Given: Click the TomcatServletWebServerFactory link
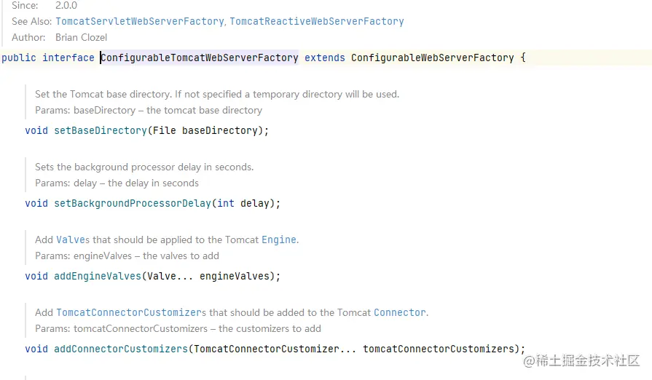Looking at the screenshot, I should coord(139,22).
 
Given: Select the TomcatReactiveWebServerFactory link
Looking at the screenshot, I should coord(316,22).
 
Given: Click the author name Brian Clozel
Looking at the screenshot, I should coord(81,37).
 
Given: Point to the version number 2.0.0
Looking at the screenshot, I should coord(66,6).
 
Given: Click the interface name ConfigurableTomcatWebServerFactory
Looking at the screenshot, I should coord(200,58).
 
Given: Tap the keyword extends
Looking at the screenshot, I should coord(324,58).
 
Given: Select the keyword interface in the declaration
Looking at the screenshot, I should coord(68,58).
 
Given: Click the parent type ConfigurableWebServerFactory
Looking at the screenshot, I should coord(432,58).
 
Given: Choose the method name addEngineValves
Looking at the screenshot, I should coord(95,276).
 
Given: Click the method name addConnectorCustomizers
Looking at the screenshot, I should coord(121,349).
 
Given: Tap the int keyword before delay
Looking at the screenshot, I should coord(226,203).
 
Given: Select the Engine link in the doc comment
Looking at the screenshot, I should coord(279,240).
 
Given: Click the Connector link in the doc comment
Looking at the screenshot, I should coord(400,312).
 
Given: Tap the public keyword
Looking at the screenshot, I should coord(19,58).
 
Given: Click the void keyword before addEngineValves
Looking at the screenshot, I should coord(36,276).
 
